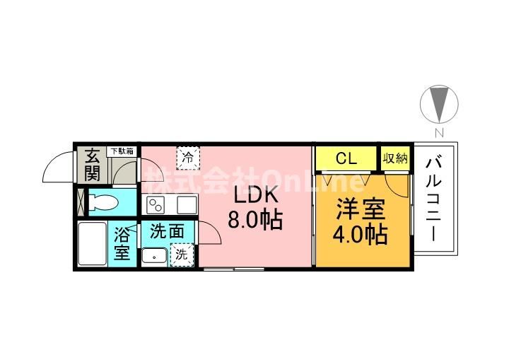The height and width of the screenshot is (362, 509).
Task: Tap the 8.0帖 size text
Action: click(255, 221)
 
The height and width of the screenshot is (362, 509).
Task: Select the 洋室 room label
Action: click(361, 209)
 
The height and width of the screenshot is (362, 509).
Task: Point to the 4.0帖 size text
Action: click(362, 234)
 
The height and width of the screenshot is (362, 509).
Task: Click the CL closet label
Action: click(346, 158)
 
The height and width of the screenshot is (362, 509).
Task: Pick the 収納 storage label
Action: click(396, 158)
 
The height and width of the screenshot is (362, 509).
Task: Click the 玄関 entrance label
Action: click(93, 165)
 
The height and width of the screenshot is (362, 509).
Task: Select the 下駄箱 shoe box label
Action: click(120, 151)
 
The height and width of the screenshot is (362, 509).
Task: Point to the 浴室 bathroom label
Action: click(122, 243)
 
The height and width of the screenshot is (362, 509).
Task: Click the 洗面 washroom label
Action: click(167, 231)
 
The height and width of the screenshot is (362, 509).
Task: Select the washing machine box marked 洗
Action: click(181, 255)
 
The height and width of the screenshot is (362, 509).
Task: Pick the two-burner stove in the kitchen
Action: click(156, 206)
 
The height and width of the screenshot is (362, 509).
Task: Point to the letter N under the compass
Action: click(438, 132)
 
